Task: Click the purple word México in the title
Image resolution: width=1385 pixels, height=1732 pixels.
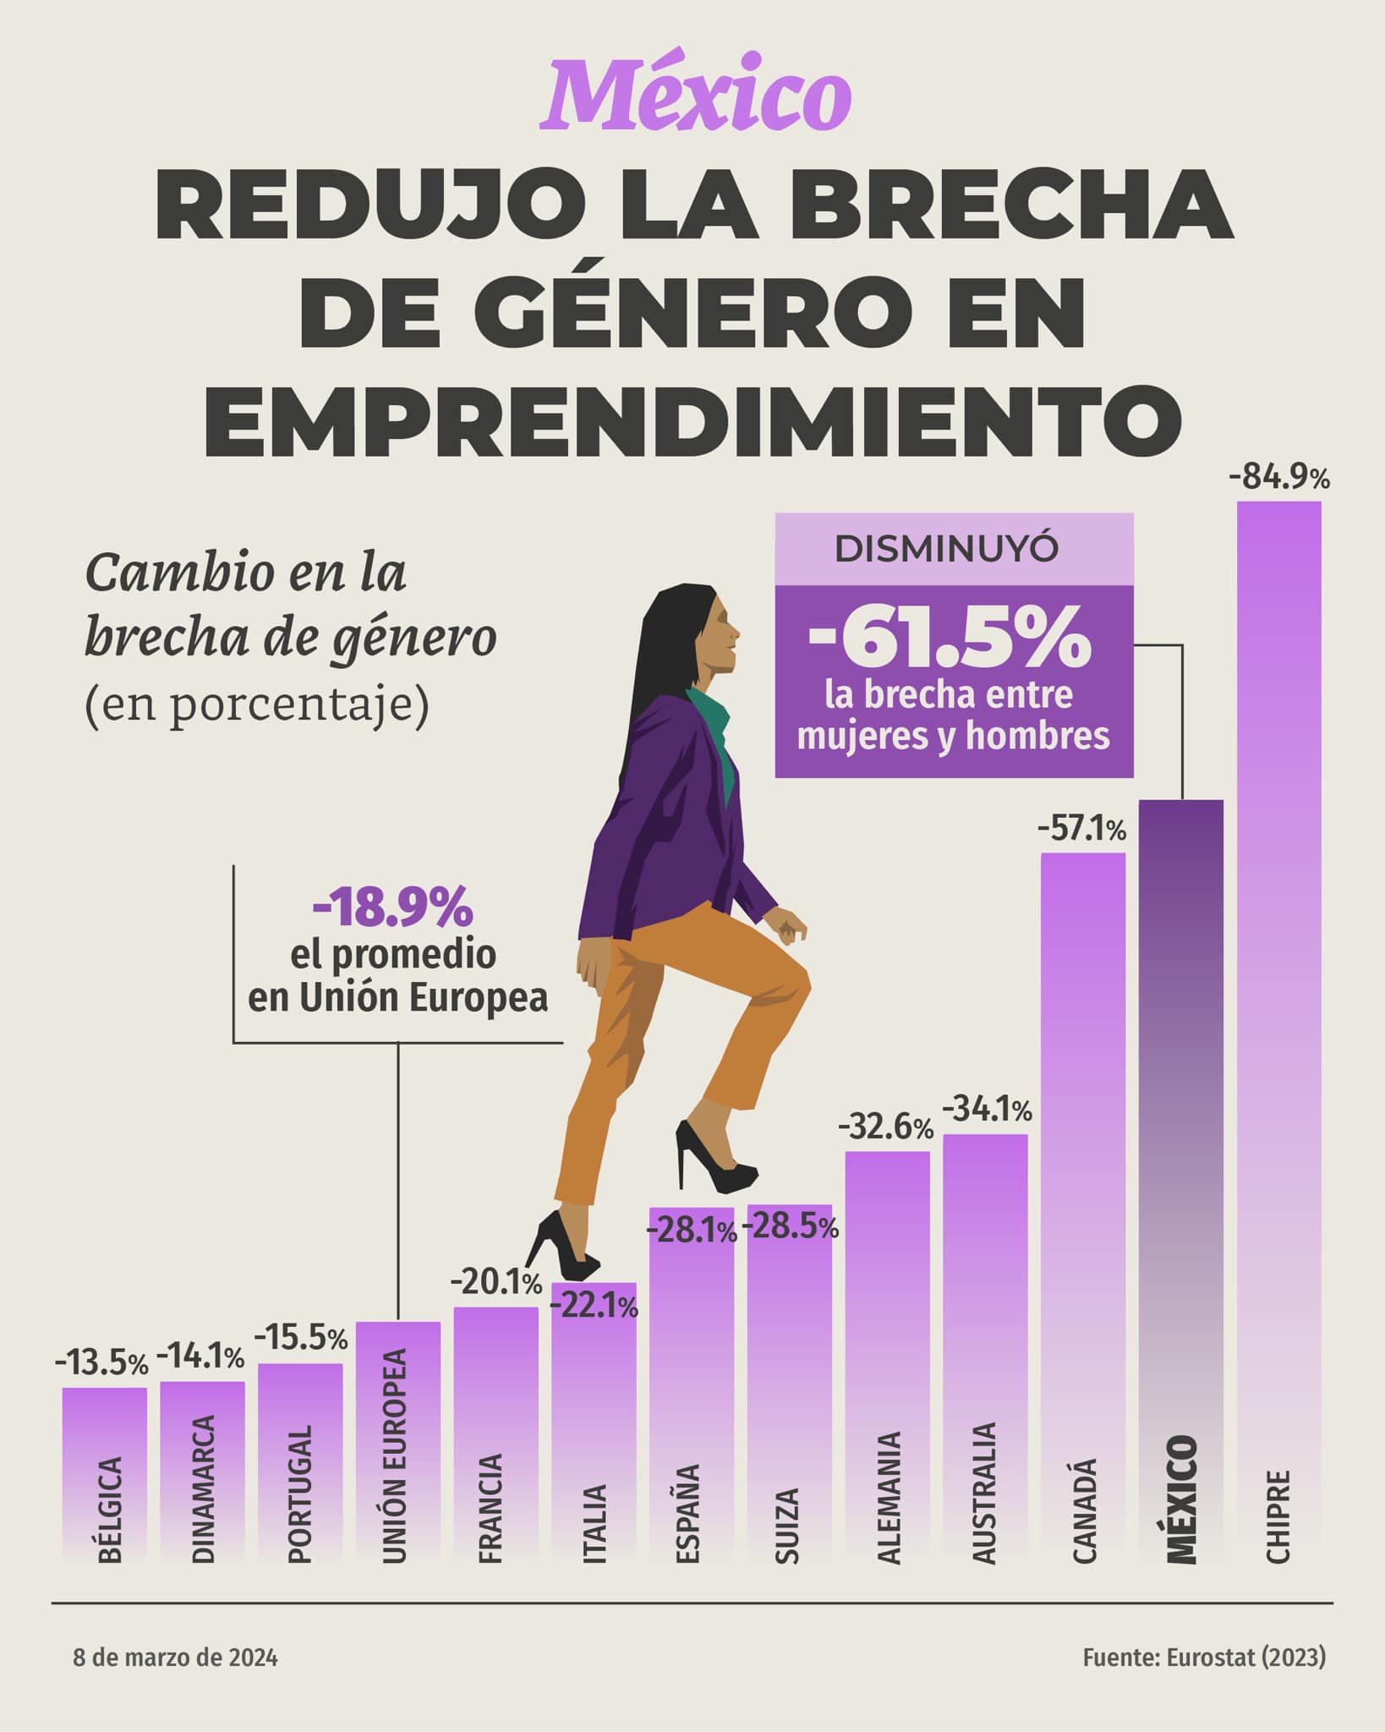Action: click(695, 96)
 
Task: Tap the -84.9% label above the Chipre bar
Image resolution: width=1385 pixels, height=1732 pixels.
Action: click(1279, 479)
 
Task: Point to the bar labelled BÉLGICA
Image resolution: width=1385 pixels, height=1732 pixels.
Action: click(104, 1472)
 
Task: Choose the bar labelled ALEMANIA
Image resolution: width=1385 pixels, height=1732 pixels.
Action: click(887, 1353)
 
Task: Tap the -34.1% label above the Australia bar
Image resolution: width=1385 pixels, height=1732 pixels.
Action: click(987, 1110)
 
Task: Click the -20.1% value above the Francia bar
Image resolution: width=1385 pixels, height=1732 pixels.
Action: click(495, 1284)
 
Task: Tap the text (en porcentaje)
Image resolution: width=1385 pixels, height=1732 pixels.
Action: click(257, 704)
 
